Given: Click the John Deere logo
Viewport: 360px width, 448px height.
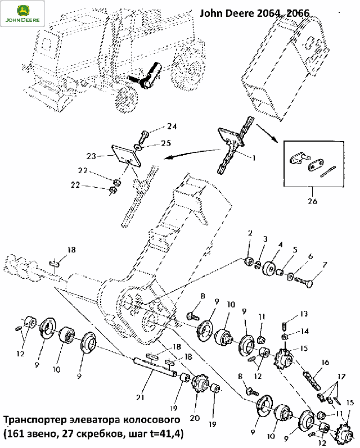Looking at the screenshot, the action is pyautogui.click(x=22, y=13).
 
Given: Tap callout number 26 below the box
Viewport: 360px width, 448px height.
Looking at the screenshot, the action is pyautogui.click(x=313, y=201).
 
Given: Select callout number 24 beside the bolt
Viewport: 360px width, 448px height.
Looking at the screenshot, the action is pyautogui.click(x=172, y=126).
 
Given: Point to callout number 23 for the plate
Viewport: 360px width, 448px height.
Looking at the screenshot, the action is pyautogui.click(x=92, y=156).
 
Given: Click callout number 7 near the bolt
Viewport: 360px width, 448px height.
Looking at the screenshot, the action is pyautogui.click(x=324, y=265).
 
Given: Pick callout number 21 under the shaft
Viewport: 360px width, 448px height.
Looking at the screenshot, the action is pyautogui.click(x=140, y=397).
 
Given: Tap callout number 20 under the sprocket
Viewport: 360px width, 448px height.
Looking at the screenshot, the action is pyautogui.click(x=195, y=418).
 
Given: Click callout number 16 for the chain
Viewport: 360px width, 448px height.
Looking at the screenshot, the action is pyautogui.click(x=325, y=363).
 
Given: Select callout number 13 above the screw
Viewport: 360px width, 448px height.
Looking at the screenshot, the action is pyautogui.click(x=304, y=314).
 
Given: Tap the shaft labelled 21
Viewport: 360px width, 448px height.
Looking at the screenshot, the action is pyautogui.click(x=155, y=367).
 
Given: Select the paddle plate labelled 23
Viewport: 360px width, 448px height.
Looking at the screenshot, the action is pyautogui.click(x=126, y=156).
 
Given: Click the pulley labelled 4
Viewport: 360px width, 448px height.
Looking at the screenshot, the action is pyautogui.click(x=269, y=269).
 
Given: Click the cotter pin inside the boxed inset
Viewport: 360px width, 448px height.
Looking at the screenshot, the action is pyautogui.click(x=328, y=171).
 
